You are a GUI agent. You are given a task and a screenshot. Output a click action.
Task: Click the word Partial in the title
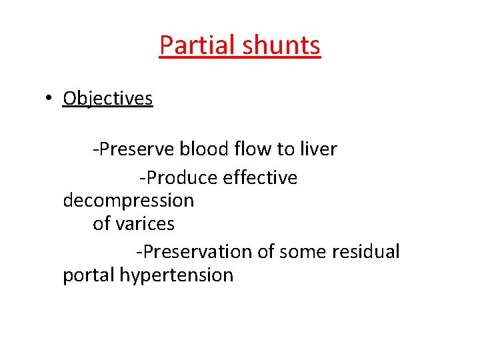coord(198,45)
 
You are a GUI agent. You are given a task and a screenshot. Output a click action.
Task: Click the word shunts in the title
coord(281,45)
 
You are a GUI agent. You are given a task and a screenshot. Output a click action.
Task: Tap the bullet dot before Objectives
coord(49,99)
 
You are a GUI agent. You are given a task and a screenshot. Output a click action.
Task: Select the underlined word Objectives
coord(107,99)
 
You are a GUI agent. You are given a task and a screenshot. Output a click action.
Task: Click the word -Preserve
coord(133,149)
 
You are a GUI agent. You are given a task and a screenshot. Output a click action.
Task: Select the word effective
coord(261,178)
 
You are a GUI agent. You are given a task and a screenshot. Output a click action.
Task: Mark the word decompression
coord(128,201)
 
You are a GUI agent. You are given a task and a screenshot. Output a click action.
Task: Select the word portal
coord(89,275)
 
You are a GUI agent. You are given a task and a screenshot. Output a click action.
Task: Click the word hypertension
coord(177,275)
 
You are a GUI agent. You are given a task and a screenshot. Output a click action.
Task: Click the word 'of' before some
coord(266,252)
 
